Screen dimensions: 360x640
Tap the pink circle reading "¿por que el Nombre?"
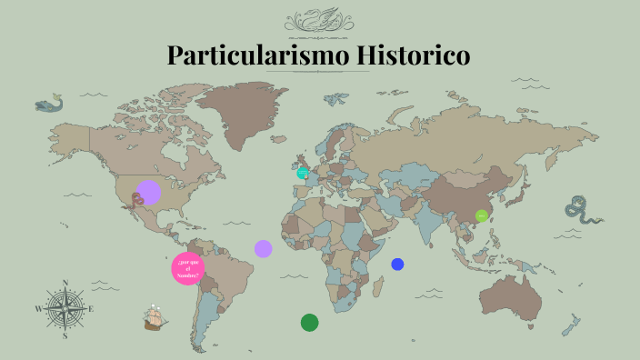pos(188,268)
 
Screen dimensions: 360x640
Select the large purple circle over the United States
pos(148,193)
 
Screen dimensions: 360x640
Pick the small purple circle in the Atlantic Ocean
pos(264,248)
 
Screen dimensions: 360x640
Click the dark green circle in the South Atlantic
pos(309,322)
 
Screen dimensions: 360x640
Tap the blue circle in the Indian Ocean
pos(397,265)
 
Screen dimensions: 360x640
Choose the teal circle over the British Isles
pos(303,173)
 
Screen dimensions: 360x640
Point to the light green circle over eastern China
pos(482,215)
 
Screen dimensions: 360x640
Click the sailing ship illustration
pos(155,317)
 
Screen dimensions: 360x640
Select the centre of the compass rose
pos(65,308)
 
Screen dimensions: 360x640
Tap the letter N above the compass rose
pos(65,283)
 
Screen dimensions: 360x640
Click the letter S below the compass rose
pos(65,335)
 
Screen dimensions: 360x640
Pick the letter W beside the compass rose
pos(38,309)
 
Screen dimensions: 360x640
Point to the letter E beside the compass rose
pos(91,309)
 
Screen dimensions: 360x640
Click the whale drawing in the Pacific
pos(49,104)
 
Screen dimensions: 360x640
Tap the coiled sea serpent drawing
pos(579,210)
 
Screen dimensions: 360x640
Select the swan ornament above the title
pos(319,19)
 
